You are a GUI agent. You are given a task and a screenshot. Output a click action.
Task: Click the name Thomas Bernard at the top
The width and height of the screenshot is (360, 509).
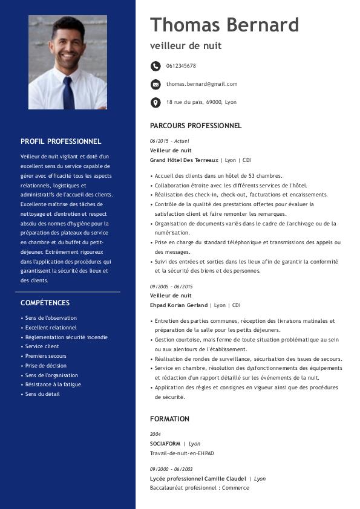(224, 25)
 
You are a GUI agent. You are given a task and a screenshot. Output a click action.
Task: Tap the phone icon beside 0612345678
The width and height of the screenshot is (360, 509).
(155, 66)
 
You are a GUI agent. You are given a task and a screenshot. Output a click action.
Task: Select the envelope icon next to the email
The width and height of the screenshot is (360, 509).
(155, 84)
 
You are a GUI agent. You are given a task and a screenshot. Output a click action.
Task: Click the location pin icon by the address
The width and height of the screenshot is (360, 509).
(155, 102)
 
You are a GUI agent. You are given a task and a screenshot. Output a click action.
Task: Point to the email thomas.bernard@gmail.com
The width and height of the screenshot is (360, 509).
(201, 84)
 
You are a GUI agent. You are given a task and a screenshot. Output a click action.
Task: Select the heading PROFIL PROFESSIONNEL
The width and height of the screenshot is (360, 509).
(61, 141)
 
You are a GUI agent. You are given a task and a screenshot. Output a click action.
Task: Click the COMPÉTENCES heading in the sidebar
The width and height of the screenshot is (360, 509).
(45, 303)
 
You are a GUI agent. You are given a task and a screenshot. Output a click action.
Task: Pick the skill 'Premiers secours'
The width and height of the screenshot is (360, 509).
(45, 356)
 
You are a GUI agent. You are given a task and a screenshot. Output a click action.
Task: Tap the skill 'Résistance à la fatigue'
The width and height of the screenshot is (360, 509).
(53, 384)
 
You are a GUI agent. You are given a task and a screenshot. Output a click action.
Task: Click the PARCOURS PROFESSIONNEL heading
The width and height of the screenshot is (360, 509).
(195, 126)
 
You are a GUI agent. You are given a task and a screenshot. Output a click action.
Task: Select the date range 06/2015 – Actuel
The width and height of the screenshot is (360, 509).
(169, 141)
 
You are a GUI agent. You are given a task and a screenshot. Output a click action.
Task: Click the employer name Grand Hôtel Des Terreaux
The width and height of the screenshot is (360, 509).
(184, 160)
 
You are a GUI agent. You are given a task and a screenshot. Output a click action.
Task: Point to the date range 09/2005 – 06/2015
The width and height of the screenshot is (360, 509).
(171, 286)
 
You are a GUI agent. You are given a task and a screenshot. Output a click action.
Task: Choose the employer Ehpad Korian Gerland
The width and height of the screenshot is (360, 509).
(178, 305)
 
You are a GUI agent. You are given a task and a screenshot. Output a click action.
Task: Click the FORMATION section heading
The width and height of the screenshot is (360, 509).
(169, 419)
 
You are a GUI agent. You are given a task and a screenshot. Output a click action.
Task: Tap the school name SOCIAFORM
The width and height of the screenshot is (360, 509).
(165, 444)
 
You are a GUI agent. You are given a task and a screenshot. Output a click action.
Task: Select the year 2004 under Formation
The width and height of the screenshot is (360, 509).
(155, 434)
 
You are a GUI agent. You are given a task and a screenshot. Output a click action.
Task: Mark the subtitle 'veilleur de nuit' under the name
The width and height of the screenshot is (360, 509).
(186, 46)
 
